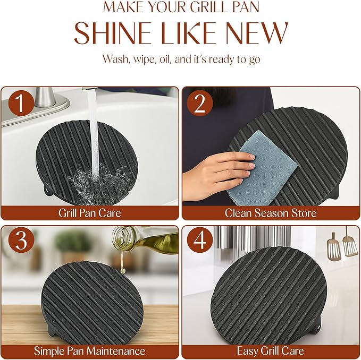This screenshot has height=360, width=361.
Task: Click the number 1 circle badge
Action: tap(21, 103)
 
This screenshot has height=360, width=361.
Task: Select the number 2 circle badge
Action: tap(199, 103)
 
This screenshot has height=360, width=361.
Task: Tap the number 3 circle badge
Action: tap(21, 240)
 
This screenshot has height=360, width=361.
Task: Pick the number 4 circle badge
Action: tap(199, 240)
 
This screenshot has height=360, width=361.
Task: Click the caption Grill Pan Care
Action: tap(89, 213)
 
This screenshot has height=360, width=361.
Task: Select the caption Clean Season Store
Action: tap(271, 213)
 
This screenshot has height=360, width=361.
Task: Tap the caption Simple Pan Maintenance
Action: tap(89, 351)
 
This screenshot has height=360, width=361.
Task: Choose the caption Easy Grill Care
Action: tap(271, 351)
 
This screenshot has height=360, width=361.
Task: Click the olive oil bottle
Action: tap(147, 240)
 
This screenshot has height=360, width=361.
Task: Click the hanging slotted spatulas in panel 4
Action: tap(342, 245)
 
